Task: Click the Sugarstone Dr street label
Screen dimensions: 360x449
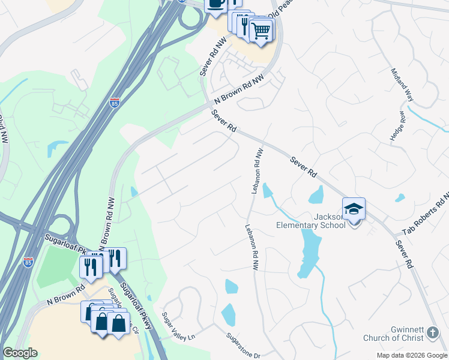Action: pyautogui.click(x=244, y=346)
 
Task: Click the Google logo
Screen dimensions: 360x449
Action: pyautogui.click(x=20, y=353)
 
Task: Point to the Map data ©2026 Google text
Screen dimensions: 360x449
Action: pyautogui.click(x=412, y=355)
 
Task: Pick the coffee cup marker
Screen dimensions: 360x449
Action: pyautogui.click(x=215, y=4)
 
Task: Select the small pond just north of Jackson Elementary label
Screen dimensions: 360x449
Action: pyautogui.click(x=315, y=194)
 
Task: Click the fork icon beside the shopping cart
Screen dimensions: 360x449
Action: pyautogui.click(x=244, y=25)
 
